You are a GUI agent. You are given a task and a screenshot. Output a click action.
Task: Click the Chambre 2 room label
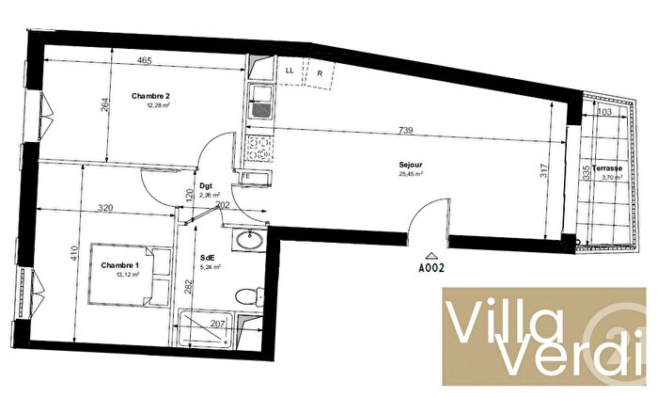click(x=150, y=96)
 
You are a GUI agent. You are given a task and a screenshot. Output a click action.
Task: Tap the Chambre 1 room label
click(x=120, y=264)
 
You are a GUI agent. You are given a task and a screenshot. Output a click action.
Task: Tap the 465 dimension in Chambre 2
click(x=144, y=61)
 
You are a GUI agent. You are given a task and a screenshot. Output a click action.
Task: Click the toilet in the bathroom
click(x=247, y=294)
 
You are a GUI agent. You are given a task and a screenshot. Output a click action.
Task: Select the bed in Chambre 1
click(x=130, y=274)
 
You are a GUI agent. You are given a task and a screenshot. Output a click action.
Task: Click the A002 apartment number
click(x=431, y=267)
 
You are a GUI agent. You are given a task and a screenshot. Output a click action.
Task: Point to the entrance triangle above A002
click(x=431, y=255)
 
